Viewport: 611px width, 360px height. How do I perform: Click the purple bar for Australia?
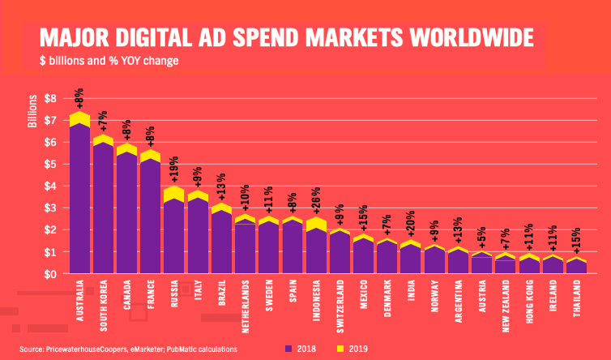[79, 203]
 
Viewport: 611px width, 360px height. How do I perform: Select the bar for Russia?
[173, 235]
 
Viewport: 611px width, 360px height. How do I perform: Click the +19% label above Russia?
[173, 171]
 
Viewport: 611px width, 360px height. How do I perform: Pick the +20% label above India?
[410, 225]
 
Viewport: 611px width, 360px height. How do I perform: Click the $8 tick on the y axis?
[51, 98]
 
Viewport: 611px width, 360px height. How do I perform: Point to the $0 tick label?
[51, 274]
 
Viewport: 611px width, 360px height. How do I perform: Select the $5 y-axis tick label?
[51, 164]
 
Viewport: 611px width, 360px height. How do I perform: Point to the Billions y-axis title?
[33, 111]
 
